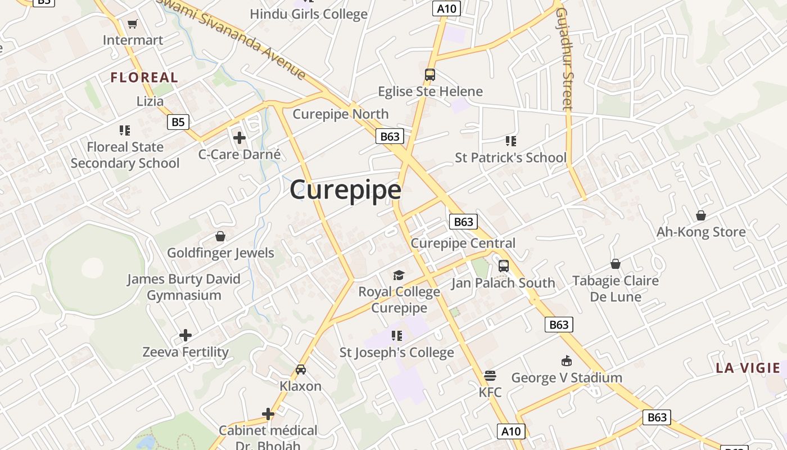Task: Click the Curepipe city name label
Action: coord(345,190)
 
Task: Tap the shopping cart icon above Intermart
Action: coord(133,24)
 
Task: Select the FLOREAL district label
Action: coord(144,78)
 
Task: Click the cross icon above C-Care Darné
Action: coord(239,137)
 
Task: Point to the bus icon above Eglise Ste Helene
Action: coord(430,74)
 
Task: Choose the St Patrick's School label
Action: coord(510,157)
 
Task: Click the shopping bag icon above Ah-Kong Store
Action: coord(701,215)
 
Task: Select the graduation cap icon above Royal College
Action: coord(399,275)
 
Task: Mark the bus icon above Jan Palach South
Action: coord(504,266)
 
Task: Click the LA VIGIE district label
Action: coord(748,368)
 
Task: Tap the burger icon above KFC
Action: coord(490,375)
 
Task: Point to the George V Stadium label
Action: coord(567,377)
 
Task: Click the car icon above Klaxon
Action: coord(301,370)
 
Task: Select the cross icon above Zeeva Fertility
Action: coord(186,336)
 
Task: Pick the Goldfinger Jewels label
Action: coord(220,253)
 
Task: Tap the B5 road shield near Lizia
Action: coord(178,122)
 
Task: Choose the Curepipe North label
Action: coord(341,114)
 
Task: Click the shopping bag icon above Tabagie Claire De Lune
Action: coord(616,264)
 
